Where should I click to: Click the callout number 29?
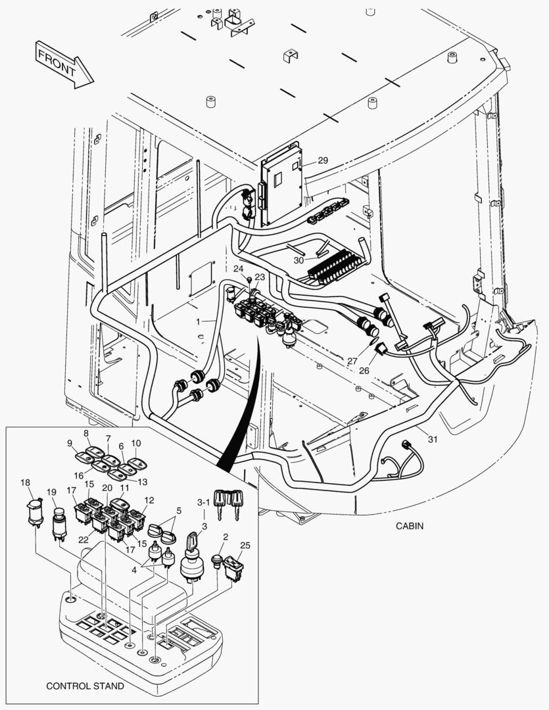click(x=322, y=160)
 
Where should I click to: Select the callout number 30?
click(x=298, y=260)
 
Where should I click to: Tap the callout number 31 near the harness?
click(x=431, y=439)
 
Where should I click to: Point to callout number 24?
click(x=237, y=269)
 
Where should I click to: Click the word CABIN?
click(x=410, y=526)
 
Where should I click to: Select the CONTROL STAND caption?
click(x=85, y=686)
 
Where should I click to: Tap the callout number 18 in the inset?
click(x=25, y=483)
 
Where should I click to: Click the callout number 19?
click(x=51, y=492)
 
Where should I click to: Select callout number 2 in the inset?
click(x=225, y=536)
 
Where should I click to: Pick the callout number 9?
click(x=70, y=443)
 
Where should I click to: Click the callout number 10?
click(x=136, y=443)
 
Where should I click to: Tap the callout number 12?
click(x=149, y=500)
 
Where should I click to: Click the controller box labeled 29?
click(x=282, y=184)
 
